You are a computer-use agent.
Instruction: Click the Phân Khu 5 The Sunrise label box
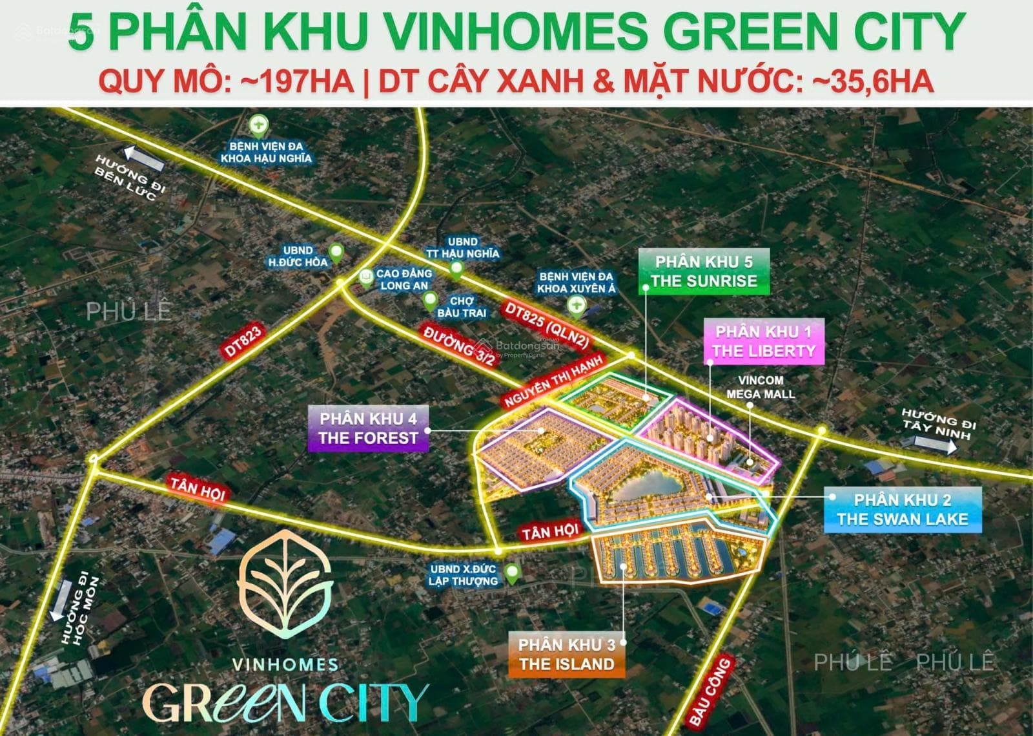coord(704,271)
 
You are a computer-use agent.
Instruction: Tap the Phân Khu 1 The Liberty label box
coord(764,342)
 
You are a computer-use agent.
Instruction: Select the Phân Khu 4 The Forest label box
coord(368,428)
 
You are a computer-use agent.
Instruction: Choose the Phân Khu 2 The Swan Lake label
coord(902,509)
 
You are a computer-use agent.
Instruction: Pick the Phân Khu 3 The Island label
coord(566,655)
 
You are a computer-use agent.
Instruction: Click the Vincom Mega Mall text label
coord(761,387)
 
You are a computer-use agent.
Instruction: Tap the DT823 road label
coord(243,342)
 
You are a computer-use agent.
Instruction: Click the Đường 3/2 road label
coord(458,346)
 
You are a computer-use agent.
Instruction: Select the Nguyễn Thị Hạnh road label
coord(553,381)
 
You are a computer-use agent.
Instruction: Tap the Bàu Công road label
coord(710,691)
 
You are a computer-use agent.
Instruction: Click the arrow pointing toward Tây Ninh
coord(934,444)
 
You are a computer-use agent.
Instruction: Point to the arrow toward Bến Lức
coord(145,158)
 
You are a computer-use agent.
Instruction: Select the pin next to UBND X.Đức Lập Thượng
coord(512,573)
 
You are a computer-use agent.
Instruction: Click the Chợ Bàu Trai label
coord(462,307)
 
